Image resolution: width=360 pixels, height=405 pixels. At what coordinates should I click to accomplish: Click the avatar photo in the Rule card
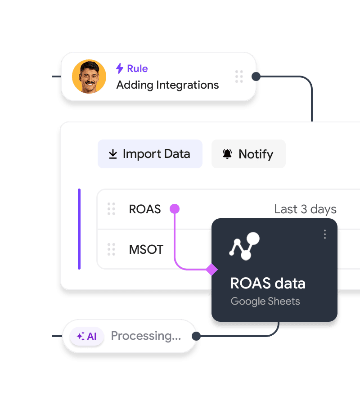coord(89,76)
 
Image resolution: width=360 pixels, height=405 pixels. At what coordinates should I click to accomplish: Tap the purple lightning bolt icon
coord(120,68)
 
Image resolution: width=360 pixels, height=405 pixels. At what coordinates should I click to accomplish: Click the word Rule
coord(137,68)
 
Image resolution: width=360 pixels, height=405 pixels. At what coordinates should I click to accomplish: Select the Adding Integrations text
coord(167,85)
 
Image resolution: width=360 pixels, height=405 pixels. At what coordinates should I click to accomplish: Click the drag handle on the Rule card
coord(239,76)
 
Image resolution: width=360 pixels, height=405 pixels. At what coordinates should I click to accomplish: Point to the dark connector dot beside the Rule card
coord(256,76)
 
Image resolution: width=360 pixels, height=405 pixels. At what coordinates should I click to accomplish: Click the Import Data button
coord(150,154)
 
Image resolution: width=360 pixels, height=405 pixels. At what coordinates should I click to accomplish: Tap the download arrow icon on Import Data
coord(113,154)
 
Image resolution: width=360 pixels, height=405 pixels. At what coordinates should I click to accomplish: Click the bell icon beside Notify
coord(227,154)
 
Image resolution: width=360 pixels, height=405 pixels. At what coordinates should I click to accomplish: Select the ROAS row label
coord(145,209)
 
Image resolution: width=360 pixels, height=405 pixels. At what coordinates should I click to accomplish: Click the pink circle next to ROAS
coord(175,209)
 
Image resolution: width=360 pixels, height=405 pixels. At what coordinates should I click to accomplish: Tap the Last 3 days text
coord(305,209)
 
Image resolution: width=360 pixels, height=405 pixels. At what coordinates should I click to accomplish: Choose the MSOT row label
coord(146,249)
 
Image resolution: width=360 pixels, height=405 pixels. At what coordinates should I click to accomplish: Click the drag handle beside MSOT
coord(111,249)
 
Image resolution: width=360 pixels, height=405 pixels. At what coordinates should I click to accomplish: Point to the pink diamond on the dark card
coord(212,270)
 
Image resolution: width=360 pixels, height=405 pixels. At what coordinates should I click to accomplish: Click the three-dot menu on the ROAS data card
coord(325,234)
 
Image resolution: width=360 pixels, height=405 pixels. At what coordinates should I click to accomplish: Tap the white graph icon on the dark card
coord(244,246)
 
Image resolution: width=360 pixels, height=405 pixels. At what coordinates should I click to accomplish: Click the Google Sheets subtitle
coord(265,301)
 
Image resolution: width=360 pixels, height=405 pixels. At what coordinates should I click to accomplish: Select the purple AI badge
coord(87,336)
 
